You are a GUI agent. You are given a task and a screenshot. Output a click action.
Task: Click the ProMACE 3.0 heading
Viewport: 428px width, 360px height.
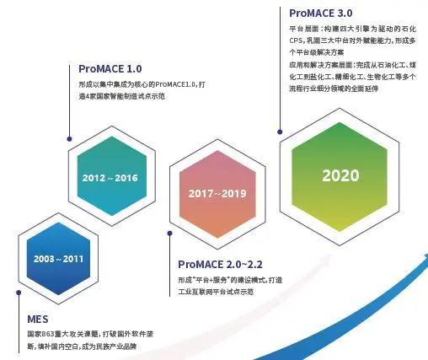point(320,13)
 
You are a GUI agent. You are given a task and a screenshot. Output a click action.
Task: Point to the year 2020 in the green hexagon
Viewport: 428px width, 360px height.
point(340,176)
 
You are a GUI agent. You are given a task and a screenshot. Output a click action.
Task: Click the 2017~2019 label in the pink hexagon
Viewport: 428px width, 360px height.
point(217,194)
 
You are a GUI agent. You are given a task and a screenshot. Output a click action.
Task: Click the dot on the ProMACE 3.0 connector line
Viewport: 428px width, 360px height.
point(276,129)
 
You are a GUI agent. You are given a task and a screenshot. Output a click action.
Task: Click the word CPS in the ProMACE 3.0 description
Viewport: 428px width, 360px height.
point(296,40)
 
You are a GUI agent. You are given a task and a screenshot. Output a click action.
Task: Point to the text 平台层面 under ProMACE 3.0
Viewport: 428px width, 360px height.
point(302,28)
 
